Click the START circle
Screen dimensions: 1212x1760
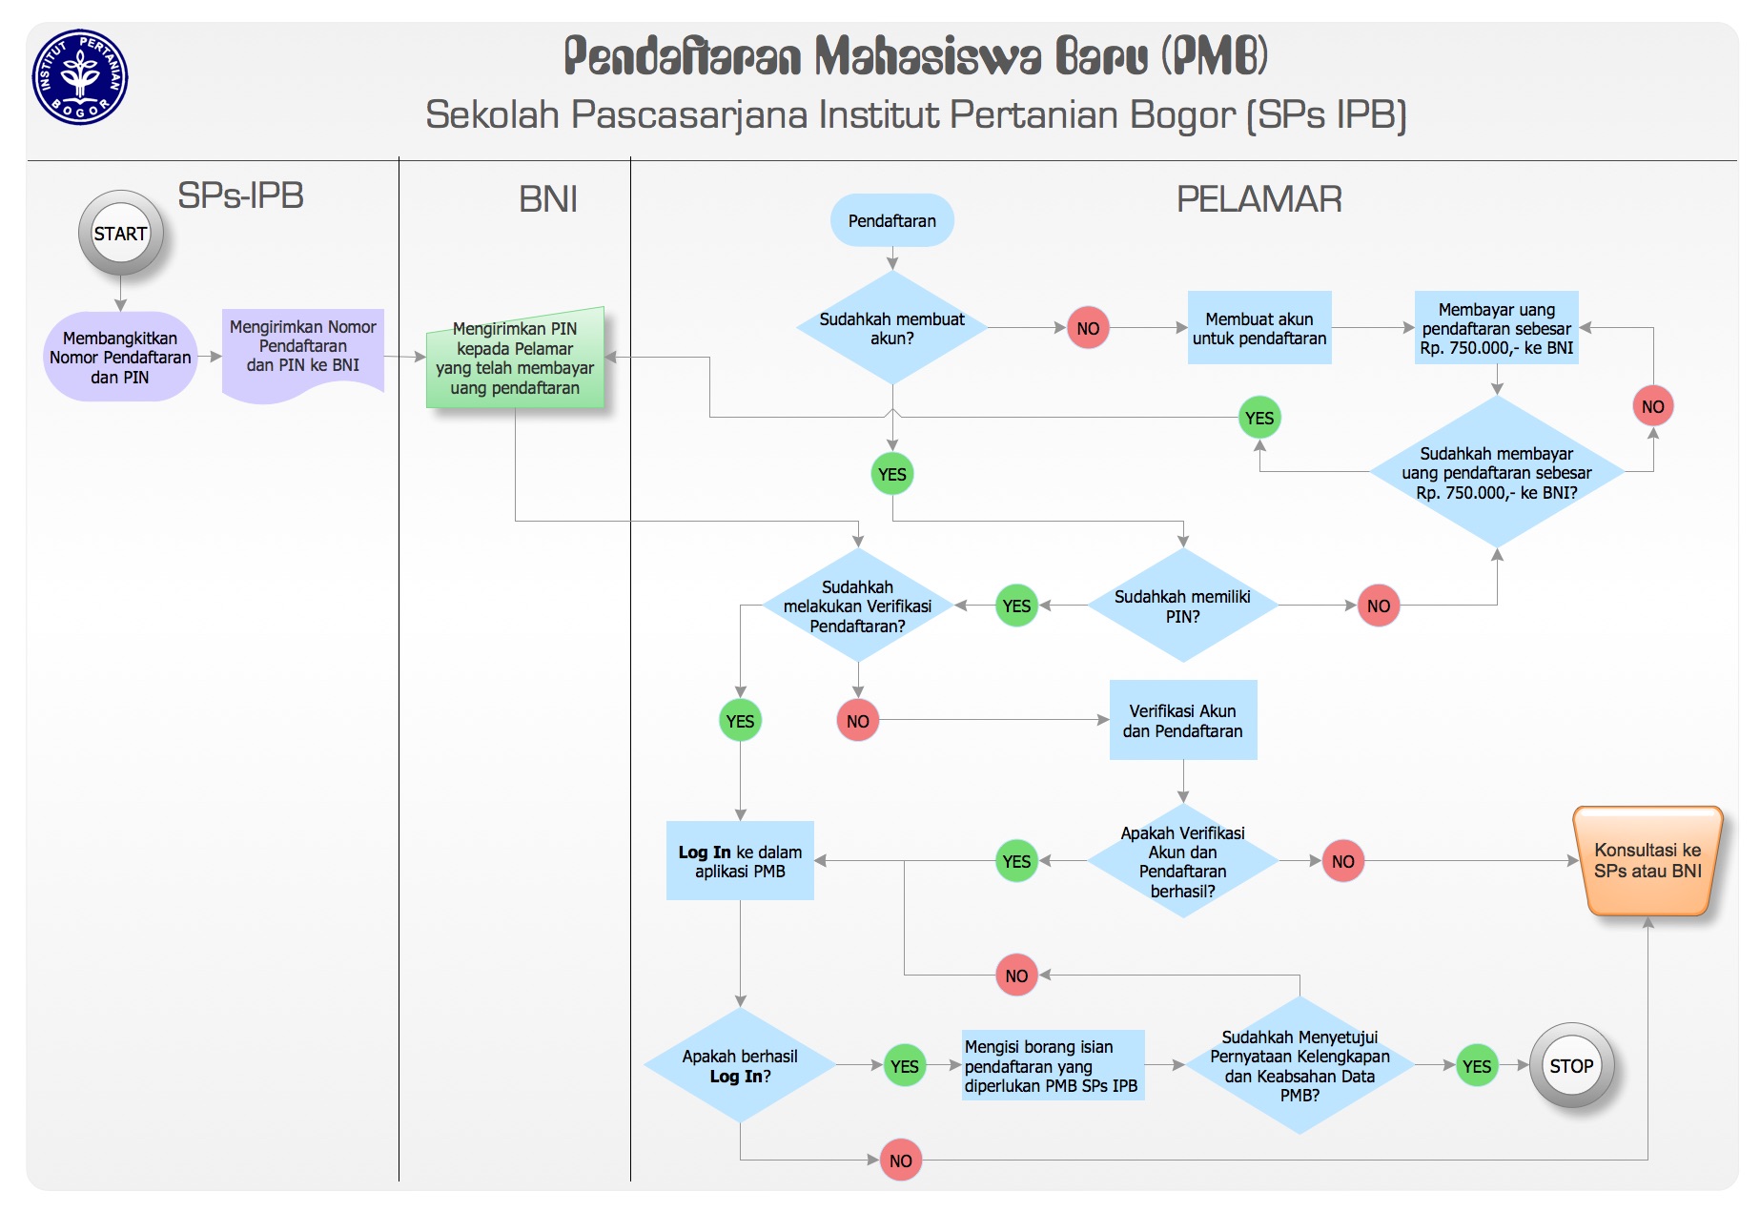(120, 234)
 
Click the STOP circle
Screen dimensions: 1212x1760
(1570, 1066)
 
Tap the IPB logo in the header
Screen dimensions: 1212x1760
(80, 77)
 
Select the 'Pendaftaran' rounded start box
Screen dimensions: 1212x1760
(891, 220)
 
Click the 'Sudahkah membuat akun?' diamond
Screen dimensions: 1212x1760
(891, 328)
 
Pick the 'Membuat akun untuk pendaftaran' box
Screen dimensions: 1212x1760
(1259, 328)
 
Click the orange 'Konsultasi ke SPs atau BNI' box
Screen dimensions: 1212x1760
(1647, 861)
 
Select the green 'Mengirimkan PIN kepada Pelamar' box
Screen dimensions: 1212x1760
(515, 359)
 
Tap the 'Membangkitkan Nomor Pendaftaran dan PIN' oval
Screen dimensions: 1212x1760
(120, 358)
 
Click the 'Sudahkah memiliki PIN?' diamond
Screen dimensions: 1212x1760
(1182, 606)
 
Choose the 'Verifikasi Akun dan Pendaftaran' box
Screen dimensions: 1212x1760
(1182, 721)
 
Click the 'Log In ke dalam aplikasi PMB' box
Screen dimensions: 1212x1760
(740, 861)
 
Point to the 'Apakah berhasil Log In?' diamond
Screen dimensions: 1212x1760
(740, 1066)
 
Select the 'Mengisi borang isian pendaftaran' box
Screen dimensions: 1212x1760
(1052, 1066)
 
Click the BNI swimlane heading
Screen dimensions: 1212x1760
(548, 199)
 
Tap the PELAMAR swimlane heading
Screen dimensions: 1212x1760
(1259, 199)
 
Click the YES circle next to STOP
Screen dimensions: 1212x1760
(1476, 1066)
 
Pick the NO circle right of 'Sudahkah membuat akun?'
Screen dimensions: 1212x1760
(1088, 328)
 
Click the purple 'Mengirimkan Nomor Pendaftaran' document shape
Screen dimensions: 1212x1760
(303, 349)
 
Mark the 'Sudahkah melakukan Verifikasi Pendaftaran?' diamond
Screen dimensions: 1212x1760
(857, 606)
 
